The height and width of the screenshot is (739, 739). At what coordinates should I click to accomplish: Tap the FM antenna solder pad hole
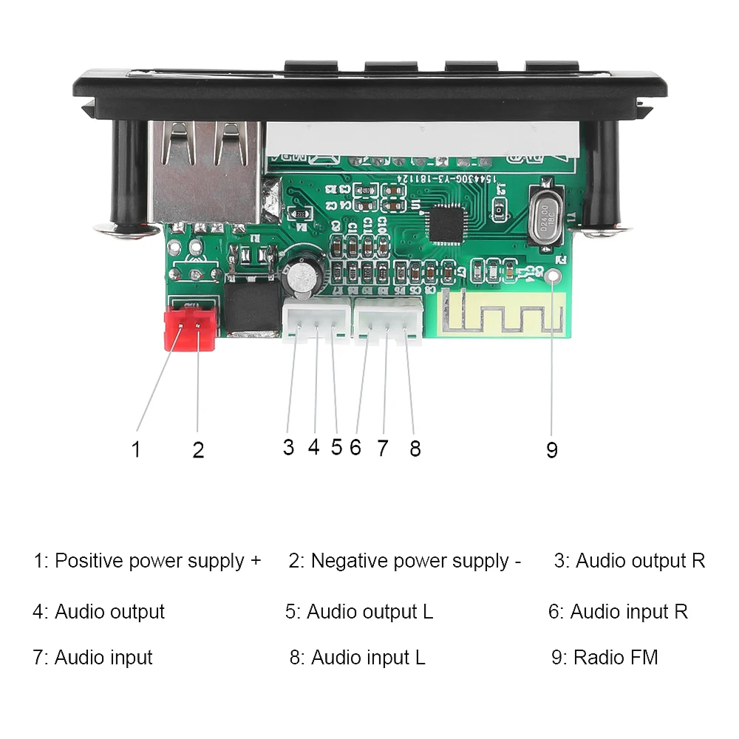pos(554,278)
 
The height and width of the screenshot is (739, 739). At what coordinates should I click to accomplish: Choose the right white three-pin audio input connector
pos(387,322)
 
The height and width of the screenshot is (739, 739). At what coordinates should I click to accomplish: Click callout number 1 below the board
pos(135,449)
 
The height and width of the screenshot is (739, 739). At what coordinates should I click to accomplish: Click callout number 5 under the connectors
pos(337,447)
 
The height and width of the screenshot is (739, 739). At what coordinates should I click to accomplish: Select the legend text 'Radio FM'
pos(615,657)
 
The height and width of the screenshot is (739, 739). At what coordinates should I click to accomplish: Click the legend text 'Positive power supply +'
pos(157,561)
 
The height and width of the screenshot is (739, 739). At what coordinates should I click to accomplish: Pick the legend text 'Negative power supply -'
pos(410,561)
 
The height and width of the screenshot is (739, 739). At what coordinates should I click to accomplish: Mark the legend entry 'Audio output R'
pos(640,561)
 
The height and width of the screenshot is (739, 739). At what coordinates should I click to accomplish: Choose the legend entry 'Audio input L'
pos(367,657)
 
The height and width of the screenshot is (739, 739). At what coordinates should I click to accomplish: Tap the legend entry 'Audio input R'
pos(628,612)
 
